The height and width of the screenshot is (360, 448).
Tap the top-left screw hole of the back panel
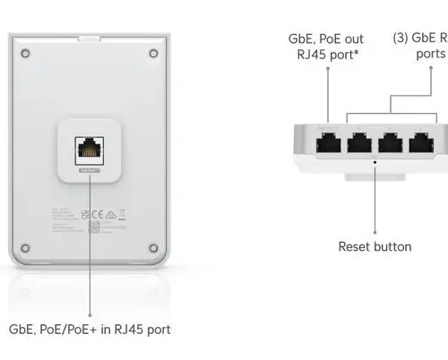point(26,55)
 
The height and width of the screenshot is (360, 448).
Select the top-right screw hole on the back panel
point(153,55)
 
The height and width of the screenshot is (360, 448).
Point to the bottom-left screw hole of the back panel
point(26,247)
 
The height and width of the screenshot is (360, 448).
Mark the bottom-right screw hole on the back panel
point(153,247)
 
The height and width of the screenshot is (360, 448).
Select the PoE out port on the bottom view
point(328,144)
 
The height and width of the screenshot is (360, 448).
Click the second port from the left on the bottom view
point(360,144)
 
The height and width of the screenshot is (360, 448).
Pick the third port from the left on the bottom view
point(392,144)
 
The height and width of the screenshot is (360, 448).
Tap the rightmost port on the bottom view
point(422,144)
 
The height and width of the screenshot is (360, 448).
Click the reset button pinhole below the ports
point(375,163)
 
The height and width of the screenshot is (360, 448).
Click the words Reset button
point(375,246)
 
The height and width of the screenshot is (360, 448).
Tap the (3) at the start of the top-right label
point(402,39)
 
